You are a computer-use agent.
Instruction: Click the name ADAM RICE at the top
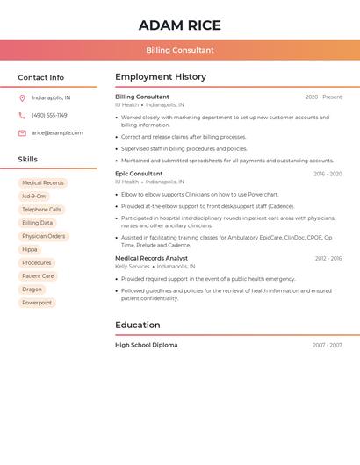[x=179, y=25]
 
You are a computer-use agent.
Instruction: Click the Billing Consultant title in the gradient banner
[x=180, y=50]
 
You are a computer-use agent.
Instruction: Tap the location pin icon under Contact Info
[x=22, y=97]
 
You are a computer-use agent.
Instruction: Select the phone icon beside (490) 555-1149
[x=22, y=115]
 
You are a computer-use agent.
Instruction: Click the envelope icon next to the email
[x=22, y=133]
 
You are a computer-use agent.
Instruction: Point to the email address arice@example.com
[x=57, y=133]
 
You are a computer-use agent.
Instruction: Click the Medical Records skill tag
[x=42, y=183]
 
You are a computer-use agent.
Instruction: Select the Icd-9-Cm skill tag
[x=34, y=197]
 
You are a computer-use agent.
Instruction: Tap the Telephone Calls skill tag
[x=41, y=210]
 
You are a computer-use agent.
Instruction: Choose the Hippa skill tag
[x=30, y=250]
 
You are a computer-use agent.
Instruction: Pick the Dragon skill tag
[x=32, y=290]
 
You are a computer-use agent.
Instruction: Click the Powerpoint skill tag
[x=37, y=303]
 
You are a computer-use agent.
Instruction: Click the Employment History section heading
[x=161, y=77]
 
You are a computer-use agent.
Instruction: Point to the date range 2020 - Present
[x=323, y=97]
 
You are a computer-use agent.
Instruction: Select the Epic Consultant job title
[x=139, y=174]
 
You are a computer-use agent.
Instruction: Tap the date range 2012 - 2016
[x=328, y=259]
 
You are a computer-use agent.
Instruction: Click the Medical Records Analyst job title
[x=151, y=259]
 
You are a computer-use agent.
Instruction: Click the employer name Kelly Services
[x=133, y=267]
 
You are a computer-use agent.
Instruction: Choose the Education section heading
[x=137, y=325]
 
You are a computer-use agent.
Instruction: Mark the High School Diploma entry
[x=146, y=346]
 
